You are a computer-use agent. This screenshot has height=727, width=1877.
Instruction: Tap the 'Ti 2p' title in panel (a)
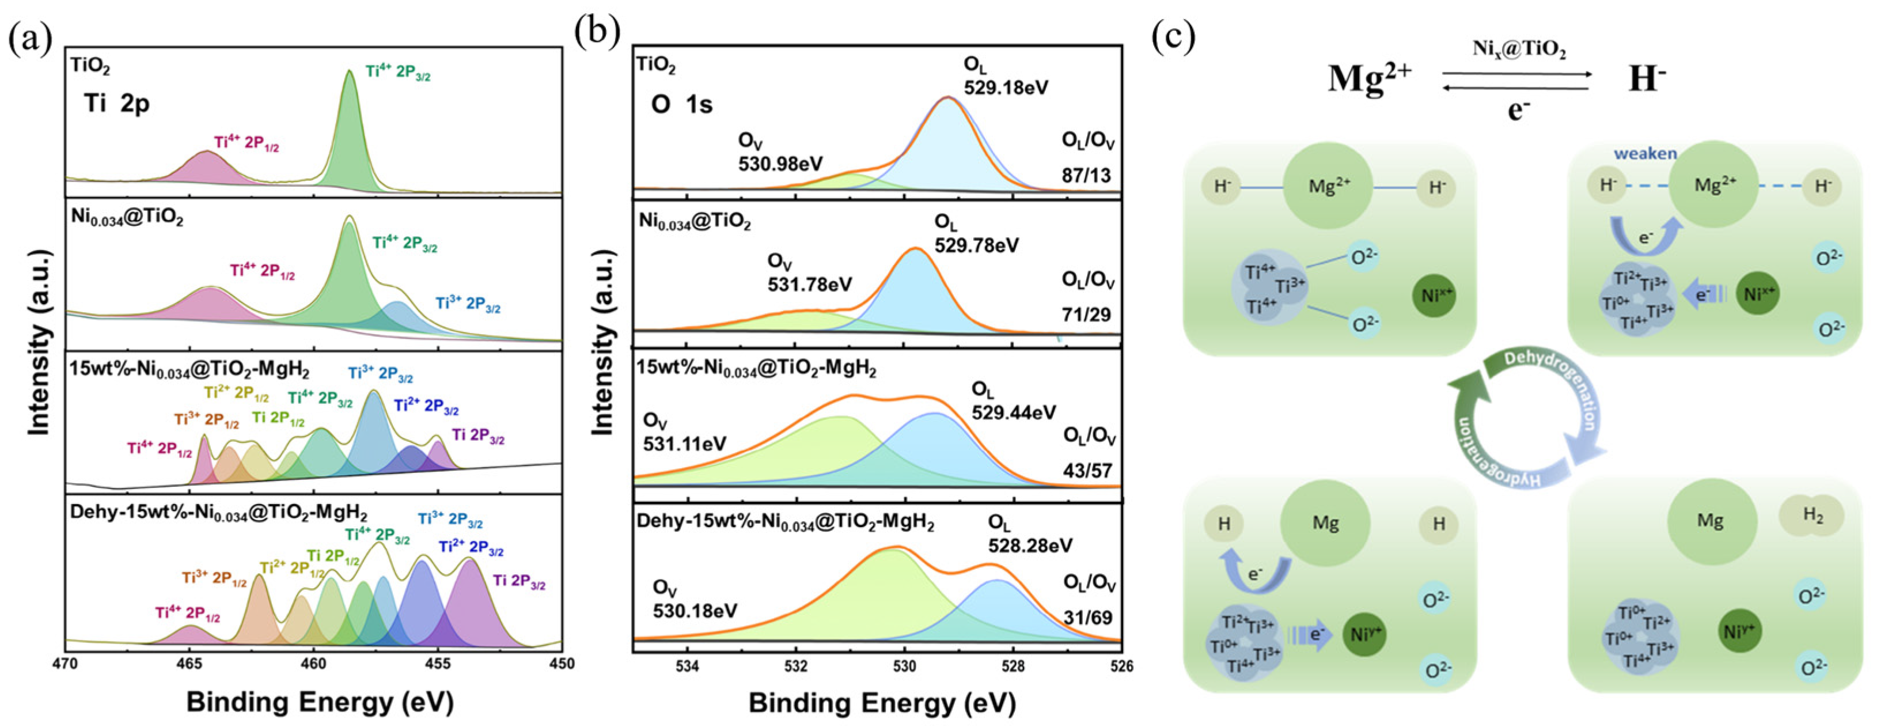pyautogui.click(x=116, y=104)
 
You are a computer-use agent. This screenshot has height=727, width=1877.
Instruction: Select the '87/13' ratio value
pyautogui.click(x=1086, y=175)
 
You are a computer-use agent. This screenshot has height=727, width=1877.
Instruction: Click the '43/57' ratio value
pyautogui.click(x=1088, y=470)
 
